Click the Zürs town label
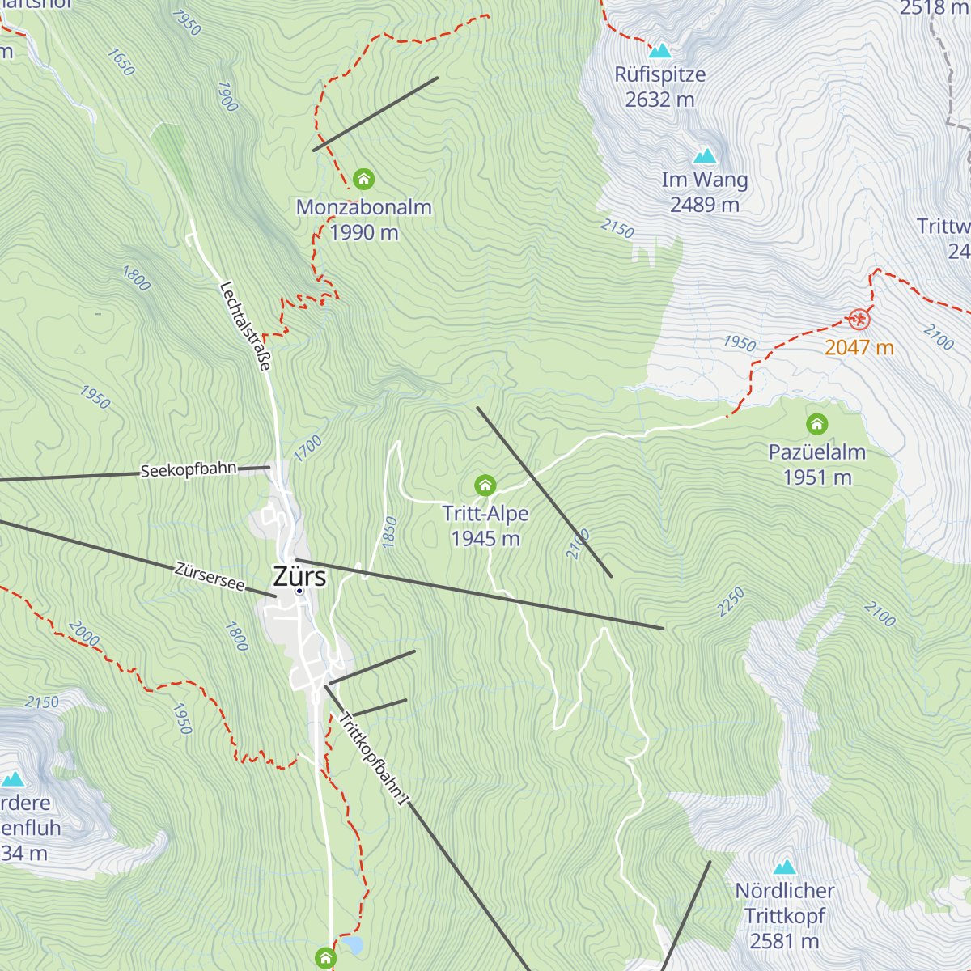pos(299,576)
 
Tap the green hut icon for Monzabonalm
pos(363,179)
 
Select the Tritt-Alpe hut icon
pos(485,485)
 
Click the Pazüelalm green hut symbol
pos(817,424)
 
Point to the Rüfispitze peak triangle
pos(660,51)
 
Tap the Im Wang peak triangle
pos(705,156)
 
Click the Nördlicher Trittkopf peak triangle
pos(784,868)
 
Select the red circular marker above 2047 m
pos(859,320)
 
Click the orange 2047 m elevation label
pos(859,348)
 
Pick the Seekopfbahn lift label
pos(189,470)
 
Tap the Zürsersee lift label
pos(210,576)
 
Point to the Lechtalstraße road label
pos(244,325)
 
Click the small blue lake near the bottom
pos(352,944)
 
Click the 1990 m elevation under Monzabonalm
pos(364,233)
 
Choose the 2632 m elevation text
pos(659,100)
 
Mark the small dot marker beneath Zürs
pos(299,592)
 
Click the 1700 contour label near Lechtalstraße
pos(307,449)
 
